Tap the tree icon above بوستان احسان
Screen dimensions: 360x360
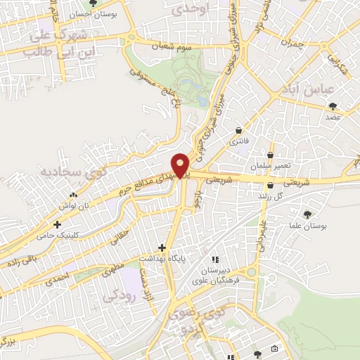point(92,4)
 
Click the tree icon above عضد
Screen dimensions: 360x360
point(333,106)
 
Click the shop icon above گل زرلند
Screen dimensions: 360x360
point(271,185)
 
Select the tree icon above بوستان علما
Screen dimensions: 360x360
point(307,214)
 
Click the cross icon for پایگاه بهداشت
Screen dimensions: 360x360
point(162,247)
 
